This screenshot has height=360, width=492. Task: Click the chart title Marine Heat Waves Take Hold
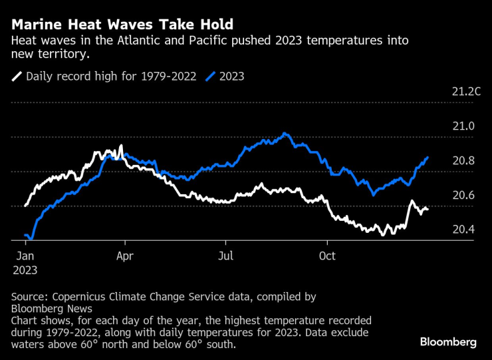(x=122, y=25)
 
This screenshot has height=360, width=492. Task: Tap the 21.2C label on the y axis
(x=465, y=92)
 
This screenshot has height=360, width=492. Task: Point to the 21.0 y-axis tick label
(x=463, y=126)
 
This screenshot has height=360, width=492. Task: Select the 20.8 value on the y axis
(x=463, y=161)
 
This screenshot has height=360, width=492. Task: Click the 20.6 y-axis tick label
(x=463, y=196)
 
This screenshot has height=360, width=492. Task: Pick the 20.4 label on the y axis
(x=463, y=230)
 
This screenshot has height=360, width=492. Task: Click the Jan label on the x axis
(x=25, y=256)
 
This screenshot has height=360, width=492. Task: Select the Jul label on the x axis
(x=226, y=256)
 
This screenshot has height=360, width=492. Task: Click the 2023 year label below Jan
(x=25, y=270)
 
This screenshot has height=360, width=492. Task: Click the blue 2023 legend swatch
(x=211, y=77)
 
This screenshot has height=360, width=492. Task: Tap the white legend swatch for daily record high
(x=17, y=77)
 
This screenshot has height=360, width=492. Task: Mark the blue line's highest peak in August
(x=284, y=134)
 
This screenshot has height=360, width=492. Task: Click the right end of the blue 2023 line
(x=428, y=158)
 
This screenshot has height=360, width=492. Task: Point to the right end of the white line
(x=428, y=210)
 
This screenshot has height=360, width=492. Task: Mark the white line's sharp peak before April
(x=121, y=146)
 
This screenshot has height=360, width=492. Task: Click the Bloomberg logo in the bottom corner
(x=447, y=342)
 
